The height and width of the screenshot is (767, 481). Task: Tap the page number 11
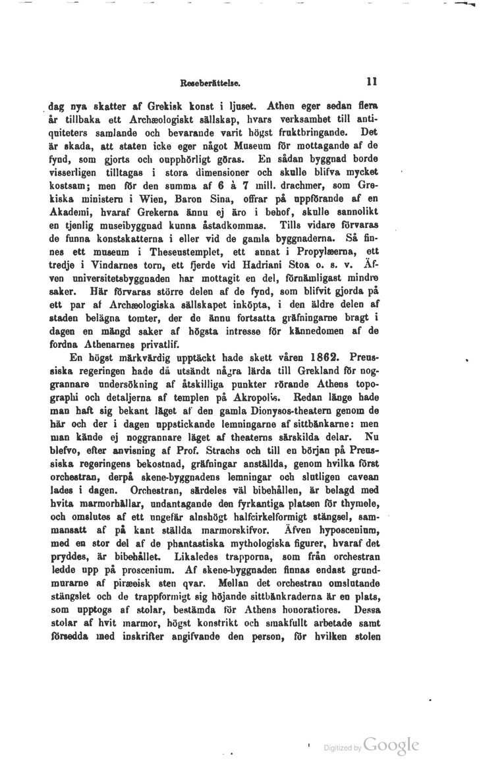[371, 83]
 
